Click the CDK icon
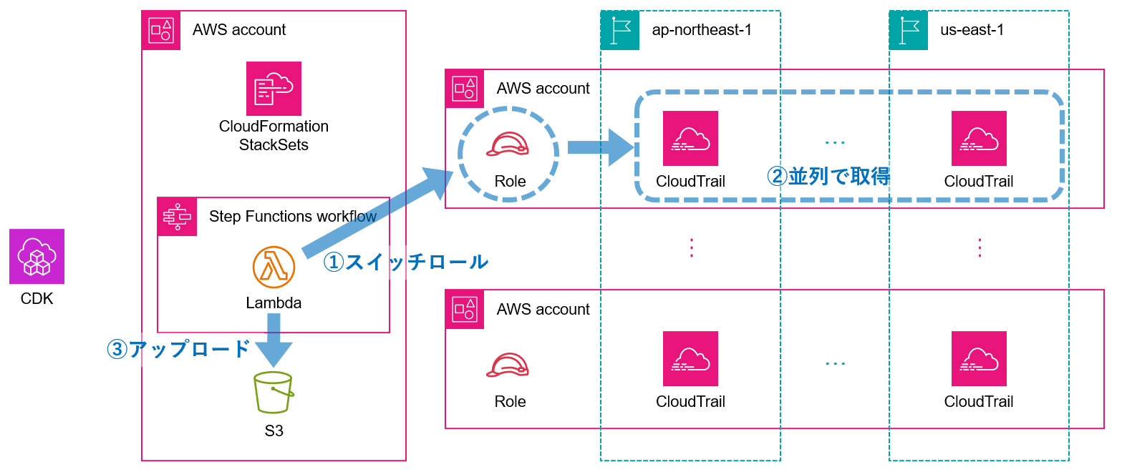[x=37, y=256]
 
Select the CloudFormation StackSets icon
[x=274, y=89]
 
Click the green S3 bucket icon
[x=273, y=392]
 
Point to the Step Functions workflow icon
[x=177, y=217]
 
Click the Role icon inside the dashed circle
[x=507, y=144]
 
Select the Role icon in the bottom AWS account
[x=507, y=364]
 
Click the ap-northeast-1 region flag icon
[x=619, y=30]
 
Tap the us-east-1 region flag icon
[x=908, y=30]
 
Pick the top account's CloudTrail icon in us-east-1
[x=979, y=138]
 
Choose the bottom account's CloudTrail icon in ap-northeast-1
[x=690, y=358]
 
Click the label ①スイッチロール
[x=405, y=262]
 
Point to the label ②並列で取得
[x=828, y=177]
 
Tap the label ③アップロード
[x=178, y=349]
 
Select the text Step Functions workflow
[x=292, y=217]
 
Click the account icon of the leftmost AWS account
[x=161, y=30]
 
